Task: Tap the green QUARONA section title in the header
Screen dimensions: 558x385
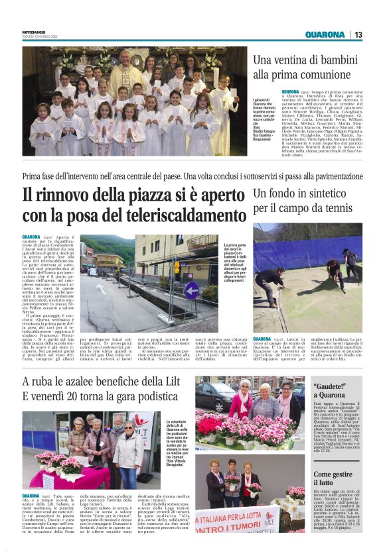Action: tap(325, 34)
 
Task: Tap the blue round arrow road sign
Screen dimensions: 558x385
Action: tap(192, 290)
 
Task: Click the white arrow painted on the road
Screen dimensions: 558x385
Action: tap(100, 289)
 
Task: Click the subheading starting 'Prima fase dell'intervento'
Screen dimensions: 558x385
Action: tap(193, 178)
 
